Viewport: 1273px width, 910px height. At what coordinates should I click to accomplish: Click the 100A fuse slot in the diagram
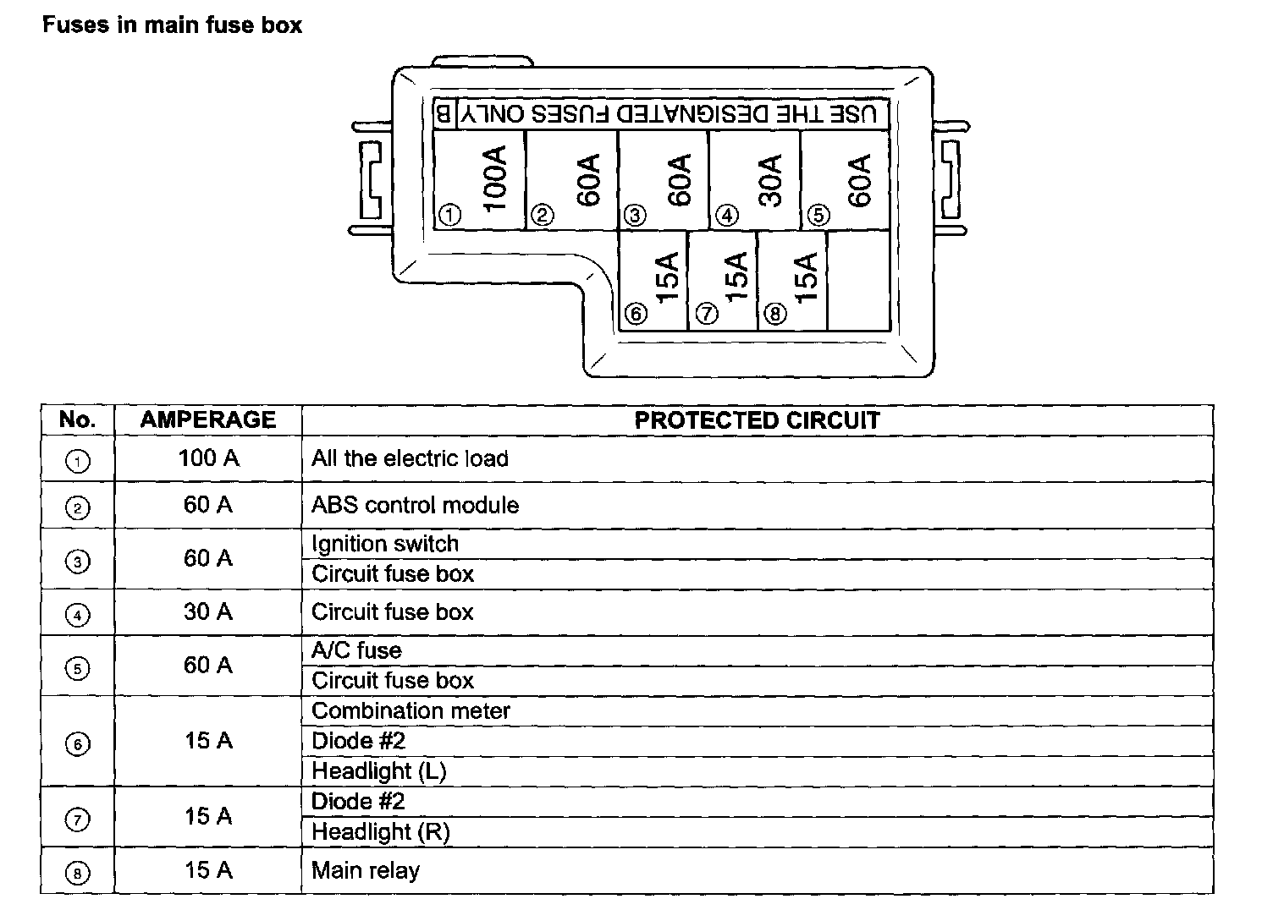tap(479, 179)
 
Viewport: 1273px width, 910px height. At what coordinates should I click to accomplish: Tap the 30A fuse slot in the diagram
tap(754, 179)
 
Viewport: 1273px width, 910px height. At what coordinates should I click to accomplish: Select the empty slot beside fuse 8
tap(858, 280)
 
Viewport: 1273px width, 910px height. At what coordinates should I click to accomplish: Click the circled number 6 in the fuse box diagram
tap(635, 315)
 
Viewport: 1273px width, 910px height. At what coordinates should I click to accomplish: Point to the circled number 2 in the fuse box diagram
tap(542, 215)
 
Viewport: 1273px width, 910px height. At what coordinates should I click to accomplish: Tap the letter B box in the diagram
tap(444, 113)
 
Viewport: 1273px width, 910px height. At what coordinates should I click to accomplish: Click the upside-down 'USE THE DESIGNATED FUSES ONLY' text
tap(673, 113)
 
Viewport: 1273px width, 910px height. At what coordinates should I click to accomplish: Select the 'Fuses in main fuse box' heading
tap(172, 25)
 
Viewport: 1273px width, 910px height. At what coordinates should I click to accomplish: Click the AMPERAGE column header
tap(208, 420)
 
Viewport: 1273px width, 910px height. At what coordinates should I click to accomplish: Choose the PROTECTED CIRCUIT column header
tap(757, 420)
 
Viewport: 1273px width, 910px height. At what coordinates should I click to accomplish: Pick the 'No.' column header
tap(77, 420)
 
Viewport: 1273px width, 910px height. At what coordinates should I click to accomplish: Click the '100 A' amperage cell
tap(208, 458)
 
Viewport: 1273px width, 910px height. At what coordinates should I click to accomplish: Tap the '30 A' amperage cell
tap(208, 611)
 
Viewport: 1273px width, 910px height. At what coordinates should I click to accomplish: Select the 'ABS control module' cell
tap(415, 505)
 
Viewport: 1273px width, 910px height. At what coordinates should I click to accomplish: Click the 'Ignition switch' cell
tap(385, 544)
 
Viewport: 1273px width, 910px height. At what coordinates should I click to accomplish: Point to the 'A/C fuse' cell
tap(356, 650)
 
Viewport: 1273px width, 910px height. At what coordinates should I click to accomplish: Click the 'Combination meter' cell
tap(411, 710)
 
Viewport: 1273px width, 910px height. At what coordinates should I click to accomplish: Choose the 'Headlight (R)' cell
tap(380, 831)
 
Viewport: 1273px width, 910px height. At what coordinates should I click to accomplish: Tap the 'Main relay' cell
tap(366, 870)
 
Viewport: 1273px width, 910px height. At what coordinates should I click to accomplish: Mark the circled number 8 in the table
tap(77, 873)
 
